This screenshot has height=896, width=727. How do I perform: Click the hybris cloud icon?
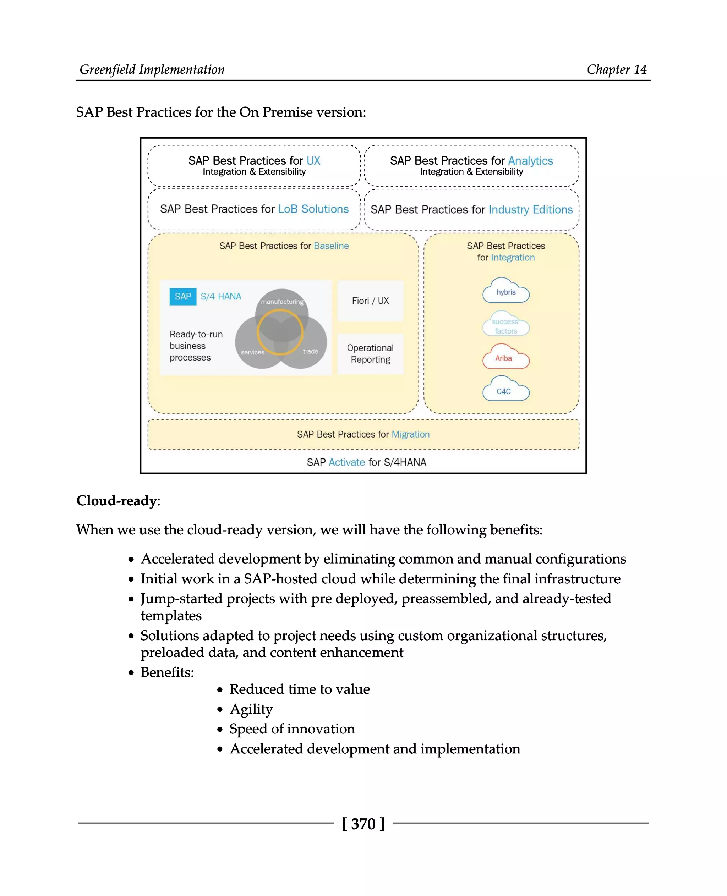(505, 291)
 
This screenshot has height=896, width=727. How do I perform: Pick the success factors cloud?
(505, 324)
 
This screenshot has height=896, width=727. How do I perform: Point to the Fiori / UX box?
(370, 301)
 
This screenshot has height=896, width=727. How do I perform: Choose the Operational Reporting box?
(370, 353)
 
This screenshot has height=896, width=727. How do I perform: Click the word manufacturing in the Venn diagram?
(282, 302)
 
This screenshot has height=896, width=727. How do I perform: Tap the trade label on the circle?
(310, 351)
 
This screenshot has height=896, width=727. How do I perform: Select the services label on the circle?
(252, 352)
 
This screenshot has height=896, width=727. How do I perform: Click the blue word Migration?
(410, 434)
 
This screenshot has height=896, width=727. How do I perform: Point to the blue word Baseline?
(331, 246)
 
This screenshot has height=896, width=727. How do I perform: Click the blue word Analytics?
(530, 161)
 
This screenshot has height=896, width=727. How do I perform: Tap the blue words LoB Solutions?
(313, 209)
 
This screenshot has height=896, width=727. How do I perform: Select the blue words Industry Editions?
(530, 209)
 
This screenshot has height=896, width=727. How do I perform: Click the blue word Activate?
(347, 462)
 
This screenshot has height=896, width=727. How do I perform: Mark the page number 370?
(363, 824)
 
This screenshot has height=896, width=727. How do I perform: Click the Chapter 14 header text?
(617, 70)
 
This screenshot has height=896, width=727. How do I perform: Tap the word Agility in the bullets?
(251, 709)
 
